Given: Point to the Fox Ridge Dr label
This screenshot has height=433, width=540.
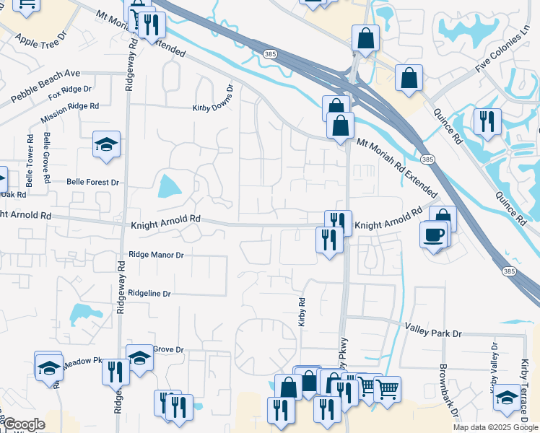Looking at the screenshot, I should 70,93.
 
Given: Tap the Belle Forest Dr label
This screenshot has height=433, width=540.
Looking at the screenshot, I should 92,183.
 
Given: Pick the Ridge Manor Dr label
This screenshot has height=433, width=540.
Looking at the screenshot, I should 156,255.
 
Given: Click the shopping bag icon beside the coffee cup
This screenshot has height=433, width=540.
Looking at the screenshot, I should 443,218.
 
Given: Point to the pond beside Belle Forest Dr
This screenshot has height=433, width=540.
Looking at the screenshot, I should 170,186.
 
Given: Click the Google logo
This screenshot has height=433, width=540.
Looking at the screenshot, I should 24,424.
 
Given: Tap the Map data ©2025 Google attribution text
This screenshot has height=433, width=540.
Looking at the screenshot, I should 495,427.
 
